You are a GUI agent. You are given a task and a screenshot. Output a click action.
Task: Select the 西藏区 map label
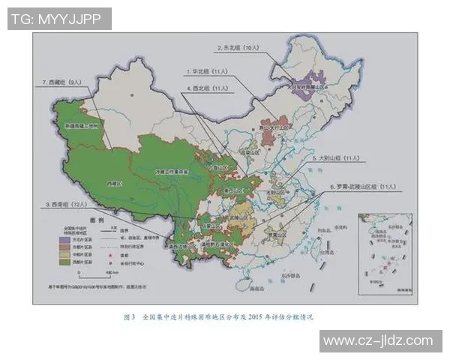coord(113,182)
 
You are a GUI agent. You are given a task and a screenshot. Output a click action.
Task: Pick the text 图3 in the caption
coord(128,316)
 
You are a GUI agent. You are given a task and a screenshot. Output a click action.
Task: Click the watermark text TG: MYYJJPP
coord(59,18)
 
